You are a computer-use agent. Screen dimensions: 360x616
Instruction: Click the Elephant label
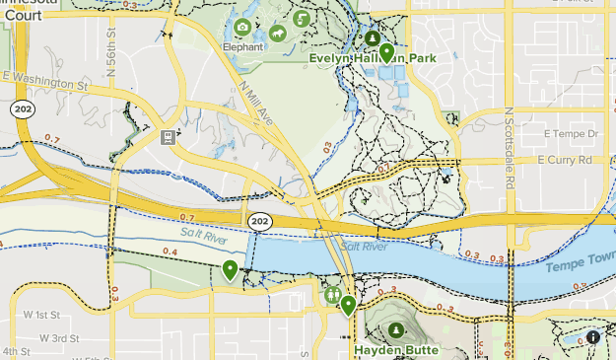(x=242, y=46)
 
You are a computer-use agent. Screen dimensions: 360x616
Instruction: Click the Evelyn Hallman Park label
(x=373, y=58)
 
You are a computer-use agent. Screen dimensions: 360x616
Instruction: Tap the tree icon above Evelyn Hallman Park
(x=373, y=38)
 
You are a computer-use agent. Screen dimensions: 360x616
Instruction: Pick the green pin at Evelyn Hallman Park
(x=386, y=52)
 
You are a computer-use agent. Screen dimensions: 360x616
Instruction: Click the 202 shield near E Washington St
(x=22, y=108)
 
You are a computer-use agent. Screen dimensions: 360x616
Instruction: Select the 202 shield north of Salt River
(x=259, y=221)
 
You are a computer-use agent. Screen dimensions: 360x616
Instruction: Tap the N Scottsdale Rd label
(x=509, y=138)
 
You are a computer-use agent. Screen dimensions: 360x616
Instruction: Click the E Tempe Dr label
(x=571, y=133)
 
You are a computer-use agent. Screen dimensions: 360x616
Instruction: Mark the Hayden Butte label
(x=395, y=349)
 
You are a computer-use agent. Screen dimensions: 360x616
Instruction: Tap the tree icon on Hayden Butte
(x=395, y=329)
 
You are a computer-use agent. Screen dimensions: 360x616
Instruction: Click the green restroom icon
(x=333, y=293)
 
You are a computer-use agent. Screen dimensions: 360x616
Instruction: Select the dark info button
(x=593, y=337)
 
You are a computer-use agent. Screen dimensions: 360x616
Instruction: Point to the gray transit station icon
(x=169, y=136)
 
